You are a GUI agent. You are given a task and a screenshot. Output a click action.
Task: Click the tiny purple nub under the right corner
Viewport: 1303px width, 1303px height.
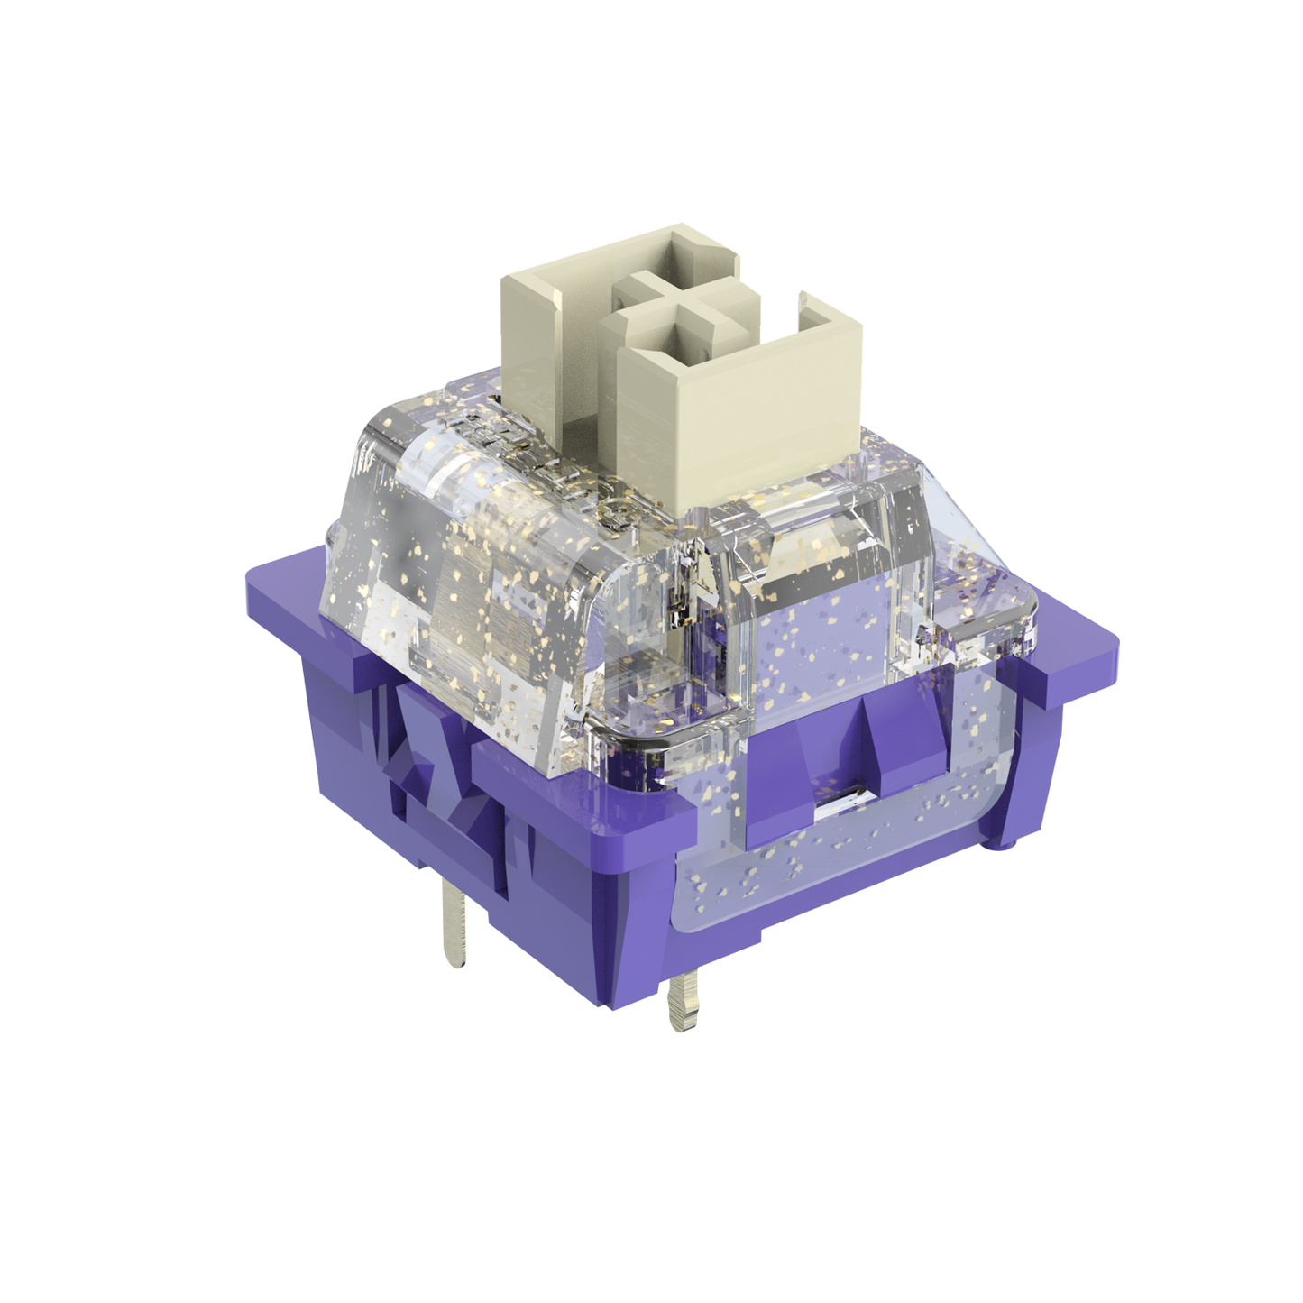[x=1005, y=843]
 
